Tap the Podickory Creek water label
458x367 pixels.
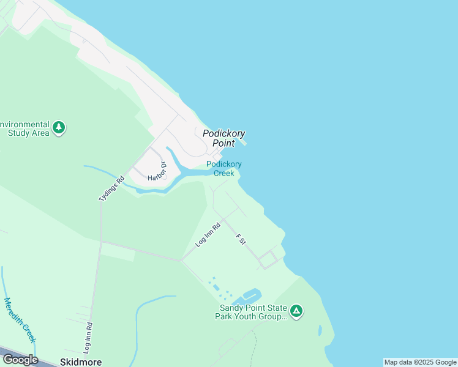224,168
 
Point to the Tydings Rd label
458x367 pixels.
111,189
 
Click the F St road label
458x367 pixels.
241,239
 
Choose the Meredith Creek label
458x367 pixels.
20,320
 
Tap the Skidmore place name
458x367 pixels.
81,361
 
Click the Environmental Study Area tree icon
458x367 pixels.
59,128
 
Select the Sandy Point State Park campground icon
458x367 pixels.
296,311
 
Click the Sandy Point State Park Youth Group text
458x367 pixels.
250,312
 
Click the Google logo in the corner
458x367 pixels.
20,359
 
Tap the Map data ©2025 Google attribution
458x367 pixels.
420,362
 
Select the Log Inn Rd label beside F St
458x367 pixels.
208,234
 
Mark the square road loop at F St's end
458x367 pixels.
269,259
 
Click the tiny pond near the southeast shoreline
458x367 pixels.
320,330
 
